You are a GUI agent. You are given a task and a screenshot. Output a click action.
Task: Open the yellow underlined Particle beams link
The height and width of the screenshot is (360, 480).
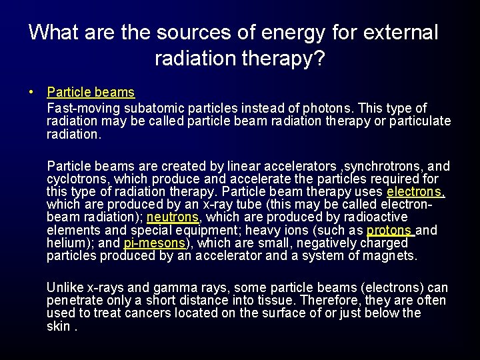[x=91, y=92]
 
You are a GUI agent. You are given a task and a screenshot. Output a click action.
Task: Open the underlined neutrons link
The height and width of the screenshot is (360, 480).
[x=173, y=217]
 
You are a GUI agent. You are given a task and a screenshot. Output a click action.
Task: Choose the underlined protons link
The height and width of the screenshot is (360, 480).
[x=389, y=230]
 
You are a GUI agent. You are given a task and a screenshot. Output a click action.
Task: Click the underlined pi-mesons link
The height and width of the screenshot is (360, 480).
[x=154, y=243]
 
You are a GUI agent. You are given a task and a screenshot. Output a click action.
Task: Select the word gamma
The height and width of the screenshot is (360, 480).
[x=177, y=288]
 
